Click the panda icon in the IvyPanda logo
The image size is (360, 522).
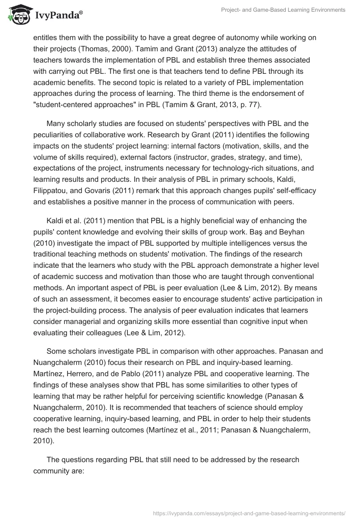tap(17, 14)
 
